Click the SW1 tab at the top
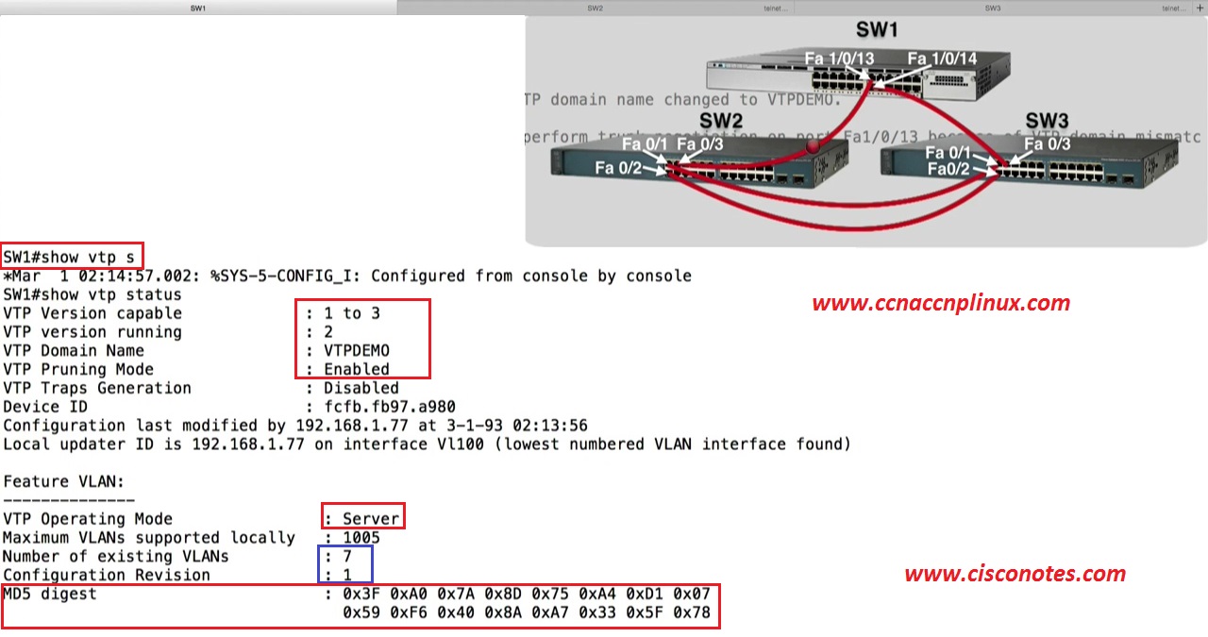pyautogui.click(x=198, y=8)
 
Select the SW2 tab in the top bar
pyautogui.click(x=595, y=8)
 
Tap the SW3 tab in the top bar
pyautogui.click(x=993, y=8)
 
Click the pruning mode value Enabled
pyautogui.click(x=356, y=369)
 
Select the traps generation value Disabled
pyautogui.click(x=361, y=388)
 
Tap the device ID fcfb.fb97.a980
pyautogui.click(x=389, y=407)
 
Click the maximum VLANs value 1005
pyautogui.click(x=361, y=537)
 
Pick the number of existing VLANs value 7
pyautogui.click(x=346, y=556)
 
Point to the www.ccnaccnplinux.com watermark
pyautogui.click(x=941, y=303)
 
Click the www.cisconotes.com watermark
pyautogui.click(x=1015, y=573)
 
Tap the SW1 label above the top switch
pyautogui.click(x=878, y=30)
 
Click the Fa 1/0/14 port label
pyautogui.click(x=942, y=59)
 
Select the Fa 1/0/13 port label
pyautogui.click(x=839, y=59)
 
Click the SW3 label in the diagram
pyautogui.click(x=1047, y=120)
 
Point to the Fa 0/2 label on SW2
pyautogui.click(x=618, y=168)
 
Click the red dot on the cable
pyautogui.click(x=814, y=146)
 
